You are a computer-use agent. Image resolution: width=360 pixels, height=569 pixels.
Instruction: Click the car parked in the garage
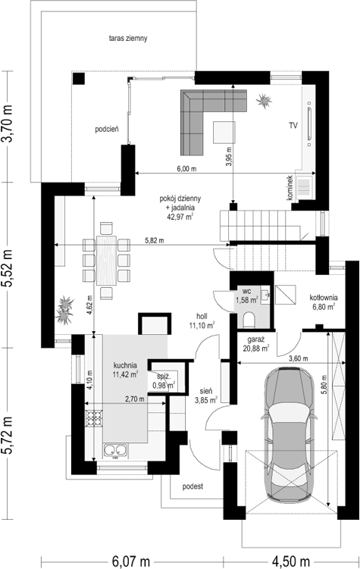click(290, 435)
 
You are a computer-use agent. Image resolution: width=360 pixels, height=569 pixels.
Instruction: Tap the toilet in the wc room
click(249, 319)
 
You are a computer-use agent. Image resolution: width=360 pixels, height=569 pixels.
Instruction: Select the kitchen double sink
click(116, 450)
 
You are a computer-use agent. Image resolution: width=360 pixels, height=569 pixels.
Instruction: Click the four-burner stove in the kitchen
click(94, 418)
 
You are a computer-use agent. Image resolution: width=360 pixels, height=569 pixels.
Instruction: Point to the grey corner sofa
click(203, 109)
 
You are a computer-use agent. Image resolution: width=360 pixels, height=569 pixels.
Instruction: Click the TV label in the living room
click(293, 125)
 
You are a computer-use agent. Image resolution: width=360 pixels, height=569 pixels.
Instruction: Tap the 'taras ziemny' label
click(128, 38)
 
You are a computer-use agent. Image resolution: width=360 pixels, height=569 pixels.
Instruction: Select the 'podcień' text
click(107, 129)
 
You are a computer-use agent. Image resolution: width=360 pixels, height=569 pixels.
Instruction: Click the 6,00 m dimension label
click(186, 169)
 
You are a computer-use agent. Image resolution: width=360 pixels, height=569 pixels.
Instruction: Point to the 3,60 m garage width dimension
click(299, 358)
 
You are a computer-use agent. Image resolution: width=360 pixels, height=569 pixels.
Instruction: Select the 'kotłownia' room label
click(324, 298)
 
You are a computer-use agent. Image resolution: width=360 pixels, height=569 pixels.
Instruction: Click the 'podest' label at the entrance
click(193, 486)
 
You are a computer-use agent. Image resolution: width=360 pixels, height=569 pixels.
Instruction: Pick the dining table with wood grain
click(106, 260)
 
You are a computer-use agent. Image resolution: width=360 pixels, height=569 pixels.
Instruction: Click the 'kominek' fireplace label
click(290, 188)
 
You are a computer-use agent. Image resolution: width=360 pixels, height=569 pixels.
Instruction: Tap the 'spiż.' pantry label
click(163, 377)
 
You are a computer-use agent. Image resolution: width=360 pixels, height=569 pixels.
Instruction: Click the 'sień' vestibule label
click(205, 392)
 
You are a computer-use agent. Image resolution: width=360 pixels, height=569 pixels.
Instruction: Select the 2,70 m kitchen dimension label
click(135, 399)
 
